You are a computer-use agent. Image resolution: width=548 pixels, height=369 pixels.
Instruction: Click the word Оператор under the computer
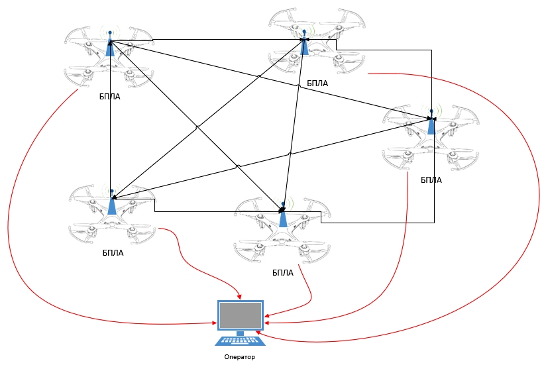(239, 357)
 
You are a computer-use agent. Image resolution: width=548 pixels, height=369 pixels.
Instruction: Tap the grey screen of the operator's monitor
(240, 317)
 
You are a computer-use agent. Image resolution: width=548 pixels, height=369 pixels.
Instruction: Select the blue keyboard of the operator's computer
(240, 340)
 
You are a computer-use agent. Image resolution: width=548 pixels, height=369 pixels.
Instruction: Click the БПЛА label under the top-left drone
(110, 97)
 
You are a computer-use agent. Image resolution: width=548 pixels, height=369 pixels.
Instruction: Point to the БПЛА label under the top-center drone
(317, 84)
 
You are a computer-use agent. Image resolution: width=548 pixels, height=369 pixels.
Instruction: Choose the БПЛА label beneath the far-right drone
(431, 180)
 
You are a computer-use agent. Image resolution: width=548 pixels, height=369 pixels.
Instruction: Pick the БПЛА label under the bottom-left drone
(113, 252)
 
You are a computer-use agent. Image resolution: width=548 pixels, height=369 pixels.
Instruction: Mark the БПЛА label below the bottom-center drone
(283, 272)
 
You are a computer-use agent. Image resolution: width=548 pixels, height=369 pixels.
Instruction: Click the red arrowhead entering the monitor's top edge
(240, 297)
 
